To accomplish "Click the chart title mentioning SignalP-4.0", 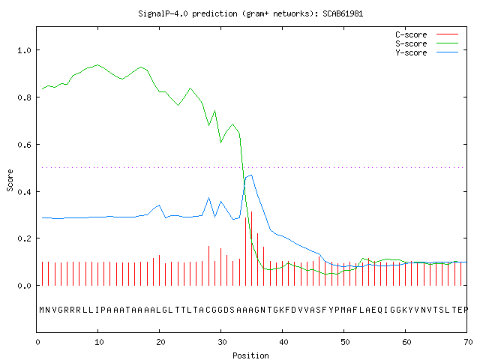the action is coord(250,13).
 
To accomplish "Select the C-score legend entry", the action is coord(427,34).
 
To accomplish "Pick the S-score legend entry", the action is coord(427,43).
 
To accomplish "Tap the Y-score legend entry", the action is coord(427,52).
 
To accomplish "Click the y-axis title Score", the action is coord(10,180).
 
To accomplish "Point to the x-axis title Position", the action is coord(250,355).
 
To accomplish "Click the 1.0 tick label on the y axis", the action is coord(24,50).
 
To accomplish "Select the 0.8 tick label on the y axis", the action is coord(24,97).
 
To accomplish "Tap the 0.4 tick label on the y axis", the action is coord(24,192).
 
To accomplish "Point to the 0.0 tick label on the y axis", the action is coord(24,286).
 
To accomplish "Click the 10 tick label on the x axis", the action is coord(99,342).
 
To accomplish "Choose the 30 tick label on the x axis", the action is coord(222,342).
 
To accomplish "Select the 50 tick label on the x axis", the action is coord(345,342).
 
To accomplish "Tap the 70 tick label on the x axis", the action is coord(468,342).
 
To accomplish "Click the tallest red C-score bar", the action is coord(252,248).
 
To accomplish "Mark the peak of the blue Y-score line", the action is coord(251,175).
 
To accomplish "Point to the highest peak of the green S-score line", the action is coord(97,65).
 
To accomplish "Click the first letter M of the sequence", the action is coord(42,310).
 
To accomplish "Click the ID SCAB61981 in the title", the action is coord(343,13).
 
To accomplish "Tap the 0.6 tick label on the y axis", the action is coord(24,145).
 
